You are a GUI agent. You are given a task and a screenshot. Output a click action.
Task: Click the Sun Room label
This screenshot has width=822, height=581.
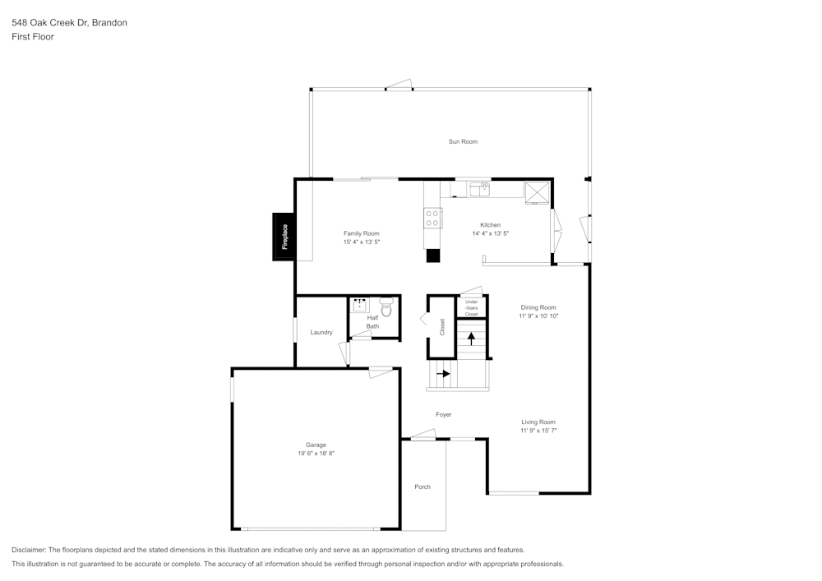point(463,142)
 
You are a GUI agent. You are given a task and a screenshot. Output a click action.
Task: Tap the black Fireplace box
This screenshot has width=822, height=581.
point(284,237)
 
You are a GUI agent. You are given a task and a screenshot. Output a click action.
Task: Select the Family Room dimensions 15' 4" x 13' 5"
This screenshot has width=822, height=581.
point(362,242)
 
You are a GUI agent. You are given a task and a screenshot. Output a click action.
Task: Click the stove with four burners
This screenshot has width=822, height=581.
point(432,218)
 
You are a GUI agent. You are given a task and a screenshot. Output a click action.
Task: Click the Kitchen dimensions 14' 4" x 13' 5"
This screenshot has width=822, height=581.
point(491,233)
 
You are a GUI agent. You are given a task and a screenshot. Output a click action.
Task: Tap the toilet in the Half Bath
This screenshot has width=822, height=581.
point(386,307)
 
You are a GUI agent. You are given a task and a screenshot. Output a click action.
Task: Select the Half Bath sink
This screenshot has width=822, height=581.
point(360,306)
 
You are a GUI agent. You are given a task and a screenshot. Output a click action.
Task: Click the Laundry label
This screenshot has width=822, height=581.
point(321,333)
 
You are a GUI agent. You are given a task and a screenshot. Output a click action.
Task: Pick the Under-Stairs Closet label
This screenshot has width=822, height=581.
point(471,307)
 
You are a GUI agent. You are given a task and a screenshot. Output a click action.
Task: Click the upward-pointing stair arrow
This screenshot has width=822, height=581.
point(471,338)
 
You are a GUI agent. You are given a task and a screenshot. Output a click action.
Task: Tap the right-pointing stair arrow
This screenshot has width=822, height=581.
point(444,373)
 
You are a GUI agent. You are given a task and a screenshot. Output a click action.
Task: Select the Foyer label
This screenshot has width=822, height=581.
point(444,415)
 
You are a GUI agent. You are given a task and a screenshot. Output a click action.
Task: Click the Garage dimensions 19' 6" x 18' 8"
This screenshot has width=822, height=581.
point(316,453)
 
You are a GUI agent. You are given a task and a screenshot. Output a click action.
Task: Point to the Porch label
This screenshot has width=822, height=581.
point(423,487)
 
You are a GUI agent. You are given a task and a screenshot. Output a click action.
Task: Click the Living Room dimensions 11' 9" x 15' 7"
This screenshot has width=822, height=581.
point(538,431)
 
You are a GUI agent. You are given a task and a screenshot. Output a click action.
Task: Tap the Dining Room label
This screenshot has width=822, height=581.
point(538,307)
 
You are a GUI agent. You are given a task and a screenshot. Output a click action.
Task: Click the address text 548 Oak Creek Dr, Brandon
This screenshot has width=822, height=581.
point(69,23)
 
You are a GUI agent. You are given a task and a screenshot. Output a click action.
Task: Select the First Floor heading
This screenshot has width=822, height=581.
point(33,37)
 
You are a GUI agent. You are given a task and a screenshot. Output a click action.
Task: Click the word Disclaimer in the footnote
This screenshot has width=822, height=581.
point(29,550)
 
